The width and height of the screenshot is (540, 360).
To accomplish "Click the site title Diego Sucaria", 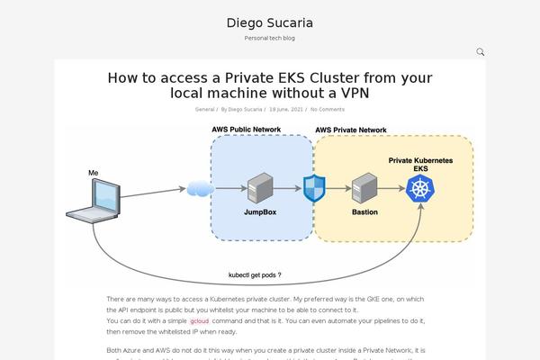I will click(x=269, y=22).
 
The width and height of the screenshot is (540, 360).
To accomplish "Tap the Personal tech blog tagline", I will click(x=269, y=39).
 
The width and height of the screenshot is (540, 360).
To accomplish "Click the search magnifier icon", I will click(x=481, y=52).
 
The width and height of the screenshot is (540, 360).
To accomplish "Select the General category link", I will click(x=204, y=109).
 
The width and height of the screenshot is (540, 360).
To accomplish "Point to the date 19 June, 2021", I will click(x=285, y=109).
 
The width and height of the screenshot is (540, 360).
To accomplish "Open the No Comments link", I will click(x=327, y=109).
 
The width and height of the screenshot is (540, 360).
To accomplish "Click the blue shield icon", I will click(x=313, y=189).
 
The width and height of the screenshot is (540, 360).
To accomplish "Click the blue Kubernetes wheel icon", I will click(x=419, y=189).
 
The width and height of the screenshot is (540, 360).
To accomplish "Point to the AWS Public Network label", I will click(x=246, y=130).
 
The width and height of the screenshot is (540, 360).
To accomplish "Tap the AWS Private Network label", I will click(x=351, y=130).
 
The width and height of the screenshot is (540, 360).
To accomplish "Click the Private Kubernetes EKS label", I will click(x=420, y=164).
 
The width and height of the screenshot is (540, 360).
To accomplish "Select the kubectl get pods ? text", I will click(x=255, y=274).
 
